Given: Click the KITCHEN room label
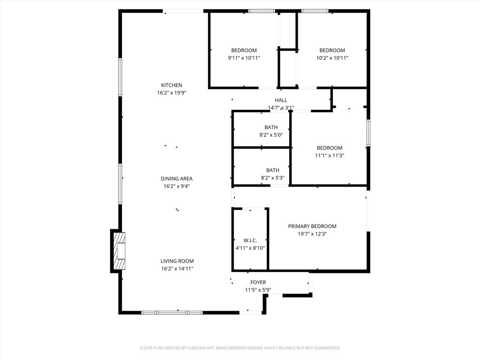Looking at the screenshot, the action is [x=172, y=85].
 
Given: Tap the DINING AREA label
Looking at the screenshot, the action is [x=177, y=179].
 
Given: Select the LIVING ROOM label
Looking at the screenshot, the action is [x=177, y=261].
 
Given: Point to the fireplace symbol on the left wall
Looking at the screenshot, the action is [x=119, y=251].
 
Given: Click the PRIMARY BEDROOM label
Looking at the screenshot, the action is [x=312, y=226].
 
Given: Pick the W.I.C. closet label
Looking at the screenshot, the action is [x=250, y=240].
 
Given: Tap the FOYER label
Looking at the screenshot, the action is [x=258, y=282].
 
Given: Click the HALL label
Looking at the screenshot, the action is [x=281, y=100].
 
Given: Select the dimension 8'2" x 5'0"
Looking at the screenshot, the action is [x=271, y=135].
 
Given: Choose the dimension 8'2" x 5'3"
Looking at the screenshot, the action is [x=272, y=178].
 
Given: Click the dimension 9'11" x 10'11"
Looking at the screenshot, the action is [x=244, y=58].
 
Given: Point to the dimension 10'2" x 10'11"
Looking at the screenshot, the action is [x=332, y=58].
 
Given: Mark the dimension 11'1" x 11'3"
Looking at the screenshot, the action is [x=330, y=156].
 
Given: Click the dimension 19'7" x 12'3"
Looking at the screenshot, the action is [x=312, y=234].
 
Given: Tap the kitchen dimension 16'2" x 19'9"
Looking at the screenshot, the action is [x=172, y=93].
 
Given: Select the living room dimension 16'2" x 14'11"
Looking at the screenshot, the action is [x=177, y=269].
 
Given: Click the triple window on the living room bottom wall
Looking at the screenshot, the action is [x=172, y=313].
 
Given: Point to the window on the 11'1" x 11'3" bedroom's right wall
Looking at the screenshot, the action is [x=368, y=133].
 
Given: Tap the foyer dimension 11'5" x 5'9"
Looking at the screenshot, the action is [x=258, y=290].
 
